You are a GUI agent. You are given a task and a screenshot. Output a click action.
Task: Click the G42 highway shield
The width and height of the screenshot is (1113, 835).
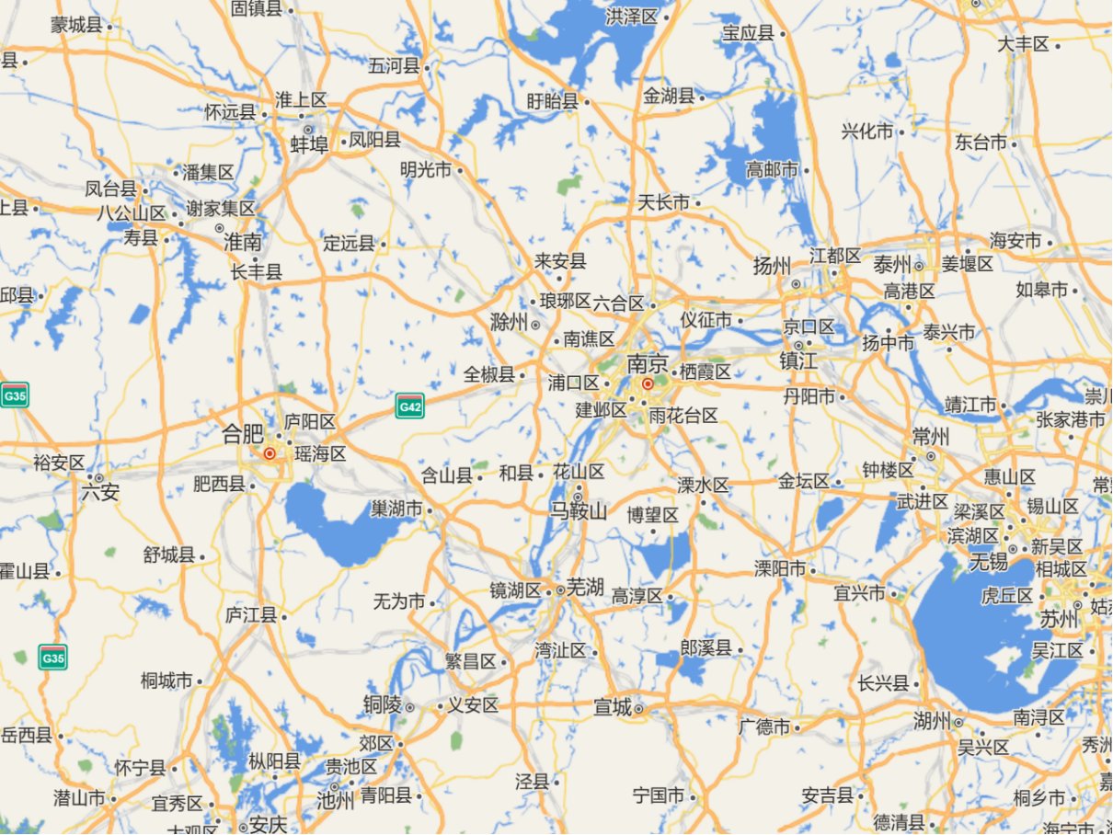pyautogui.click(x=409, y=405)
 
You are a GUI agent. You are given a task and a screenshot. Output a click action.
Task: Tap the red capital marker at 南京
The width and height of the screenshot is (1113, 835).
pyautogui.click(x=648, y=383)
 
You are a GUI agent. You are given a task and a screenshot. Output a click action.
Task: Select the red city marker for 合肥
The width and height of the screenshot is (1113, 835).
pyautogui.click(x=270, y=453)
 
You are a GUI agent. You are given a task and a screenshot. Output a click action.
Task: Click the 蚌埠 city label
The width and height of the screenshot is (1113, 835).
pyautogui.click(x=309, y=144)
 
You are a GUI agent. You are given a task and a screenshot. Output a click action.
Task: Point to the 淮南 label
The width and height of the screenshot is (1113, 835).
pyautogui.click(x=243, y=243)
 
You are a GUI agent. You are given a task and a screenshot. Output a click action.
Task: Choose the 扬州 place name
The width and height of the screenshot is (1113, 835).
pyautogui.click(x=772, y=267)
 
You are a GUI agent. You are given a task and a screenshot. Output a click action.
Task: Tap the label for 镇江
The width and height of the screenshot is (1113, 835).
pyautogui.click(x=797, y=360)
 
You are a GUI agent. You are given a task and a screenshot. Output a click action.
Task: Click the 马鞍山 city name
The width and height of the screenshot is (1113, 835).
pyautogui.click(x=579, y=510)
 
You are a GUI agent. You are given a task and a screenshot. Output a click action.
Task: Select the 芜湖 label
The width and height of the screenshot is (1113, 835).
pyautogui.click(x=585, y=588)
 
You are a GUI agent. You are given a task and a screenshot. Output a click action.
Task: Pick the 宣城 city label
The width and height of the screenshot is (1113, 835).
pyautogui.click(x=613, y=707)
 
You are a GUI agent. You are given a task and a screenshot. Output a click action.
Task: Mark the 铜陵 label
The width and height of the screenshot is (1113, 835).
pyautogui.click(x=382, y=705)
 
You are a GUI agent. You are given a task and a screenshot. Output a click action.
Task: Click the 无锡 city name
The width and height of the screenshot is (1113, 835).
pyautogui.click(x=989, y=560)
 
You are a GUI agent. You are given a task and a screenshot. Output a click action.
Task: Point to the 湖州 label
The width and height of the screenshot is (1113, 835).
pyautogui.click(x=932, y=721)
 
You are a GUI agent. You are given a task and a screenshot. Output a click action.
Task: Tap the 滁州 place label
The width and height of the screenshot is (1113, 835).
pyautogui.click(x=509, y=323)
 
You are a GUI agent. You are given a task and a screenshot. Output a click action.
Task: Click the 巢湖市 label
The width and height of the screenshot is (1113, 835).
pyautogui.click(x=396, y=509)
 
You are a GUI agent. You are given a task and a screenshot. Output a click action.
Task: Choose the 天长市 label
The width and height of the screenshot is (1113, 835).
pyautogui.click(x=663, y=202)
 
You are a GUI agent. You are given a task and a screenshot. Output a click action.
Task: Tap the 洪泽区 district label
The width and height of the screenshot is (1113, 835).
pyautogui.click(x=632, y=17)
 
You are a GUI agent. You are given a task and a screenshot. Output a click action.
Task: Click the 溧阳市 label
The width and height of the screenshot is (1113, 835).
pyautogui.click(x=780, y=568)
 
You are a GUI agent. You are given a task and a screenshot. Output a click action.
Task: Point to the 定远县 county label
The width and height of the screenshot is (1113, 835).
pyautogui.click(x=350, y=244)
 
